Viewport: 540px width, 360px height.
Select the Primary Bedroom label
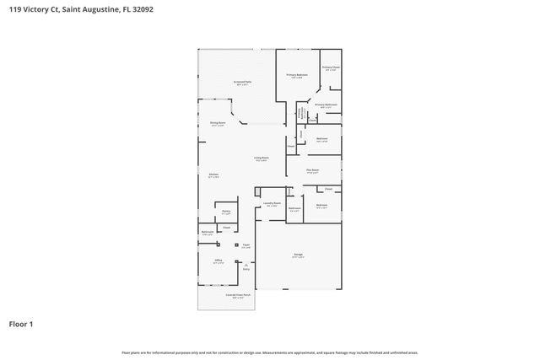point(296,75)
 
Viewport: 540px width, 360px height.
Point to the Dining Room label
point(218,124)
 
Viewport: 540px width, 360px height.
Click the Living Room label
point(262,158)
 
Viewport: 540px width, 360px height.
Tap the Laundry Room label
point(272,203)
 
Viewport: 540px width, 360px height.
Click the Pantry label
point(225,212)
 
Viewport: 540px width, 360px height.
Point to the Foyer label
point(246,245)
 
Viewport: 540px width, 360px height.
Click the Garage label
point(298,255)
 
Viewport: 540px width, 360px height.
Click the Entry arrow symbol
point(246,266)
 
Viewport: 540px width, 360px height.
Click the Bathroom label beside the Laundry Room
point(294,207)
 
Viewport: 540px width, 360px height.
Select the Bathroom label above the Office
point(208,233)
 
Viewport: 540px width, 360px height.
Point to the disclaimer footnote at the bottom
point(270,352)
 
